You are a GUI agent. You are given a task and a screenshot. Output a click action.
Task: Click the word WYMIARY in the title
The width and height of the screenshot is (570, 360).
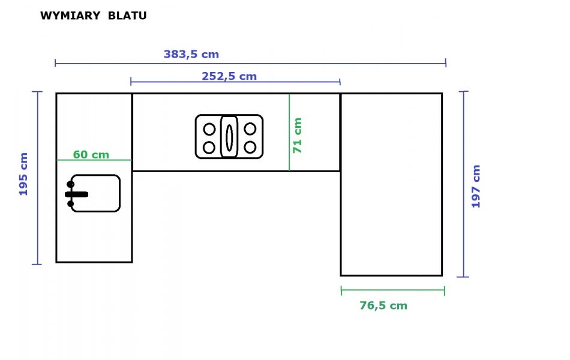pyautogui.click(x=70, y=16)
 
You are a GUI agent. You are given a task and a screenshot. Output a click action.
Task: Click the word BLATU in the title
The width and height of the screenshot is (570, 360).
pyautogui.click(x=127, y=16)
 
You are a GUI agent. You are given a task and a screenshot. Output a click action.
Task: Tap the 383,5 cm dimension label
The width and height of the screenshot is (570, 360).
pyautogui.click(x=191, y=54)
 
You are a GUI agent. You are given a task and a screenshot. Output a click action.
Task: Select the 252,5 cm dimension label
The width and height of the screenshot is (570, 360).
pyautogui.click(x=229, y=76)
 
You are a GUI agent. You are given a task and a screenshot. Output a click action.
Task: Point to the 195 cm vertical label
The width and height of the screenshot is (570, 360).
pyautogui.click(x=23, y=174)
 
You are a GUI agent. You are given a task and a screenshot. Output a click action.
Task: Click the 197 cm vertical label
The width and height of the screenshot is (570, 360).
pyautogui.click(x=476, y=186)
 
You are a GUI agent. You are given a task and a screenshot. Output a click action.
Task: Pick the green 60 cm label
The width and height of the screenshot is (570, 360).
pyautogui.click(x=91, y=155)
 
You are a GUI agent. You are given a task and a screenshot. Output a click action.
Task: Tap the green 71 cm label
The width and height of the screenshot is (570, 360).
pyautogui.click(x=298, y=135)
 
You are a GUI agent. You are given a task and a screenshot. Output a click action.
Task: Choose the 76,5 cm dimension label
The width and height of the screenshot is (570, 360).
pyautogui.click(x=383, y=305)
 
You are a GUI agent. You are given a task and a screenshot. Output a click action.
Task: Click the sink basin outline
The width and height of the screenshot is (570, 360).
pyautogui.click(x=119, y=193)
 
